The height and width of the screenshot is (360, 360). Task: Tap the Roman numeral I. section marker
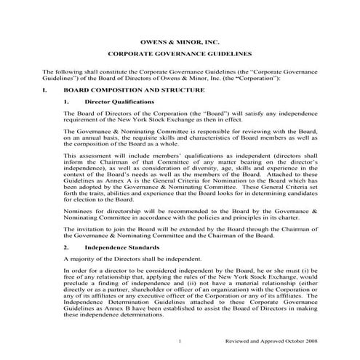[x=46, y=89]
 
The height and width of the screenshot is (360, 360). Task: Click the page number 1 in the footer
[x=179, y=340]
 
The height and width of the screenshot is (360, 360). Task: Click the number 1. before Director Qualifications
[x=66, y=102]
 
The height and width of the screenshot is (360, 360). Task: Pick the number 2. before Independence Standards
[x=66, y=247]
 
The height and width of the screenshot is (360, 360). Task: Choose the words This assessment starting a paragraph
[x=87, y=155]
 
